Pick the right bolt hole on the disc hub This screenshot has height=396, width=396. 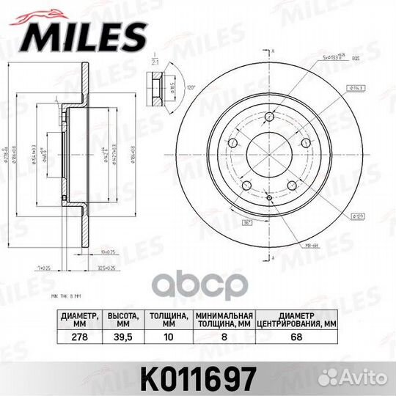(x=307, y=142)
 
